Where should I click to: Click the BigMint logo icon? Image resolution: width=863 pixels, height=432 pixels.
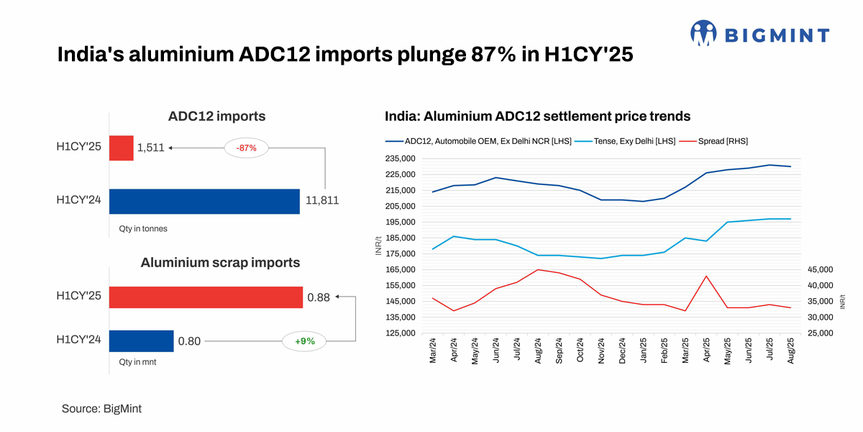tap(703, 34)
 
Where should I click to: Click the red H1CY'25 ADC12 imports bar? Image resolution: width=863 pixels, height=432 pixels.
tap(122, 148)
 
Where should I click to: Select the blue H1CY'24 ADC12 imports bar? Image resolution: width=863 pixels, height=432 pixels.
tap(204, 201)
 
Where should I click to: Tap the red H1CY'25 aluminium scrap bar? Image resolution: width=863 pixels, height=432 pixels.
tap(206, 297)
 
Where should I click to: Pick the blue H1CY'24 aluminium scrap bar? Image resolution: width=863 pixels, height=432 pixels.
tap(142, 341)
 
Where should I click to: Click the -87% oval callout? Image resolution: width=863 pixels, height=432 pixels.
tap(246, 148)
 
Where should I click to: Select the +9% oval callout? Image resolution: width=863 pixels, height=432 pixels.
tap(305, 341)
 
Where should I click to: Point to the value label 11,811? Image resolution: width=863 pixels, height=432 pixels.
tap(321, 201)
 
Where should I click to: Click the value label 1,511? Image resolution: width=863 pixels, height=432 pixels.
tap(151, 148)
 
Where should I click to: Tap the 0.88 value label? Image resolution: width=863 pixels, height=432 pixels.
tap(319, 297)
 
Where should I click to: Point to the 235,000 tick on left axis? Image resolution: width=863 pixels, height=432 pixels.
tap(399, 158)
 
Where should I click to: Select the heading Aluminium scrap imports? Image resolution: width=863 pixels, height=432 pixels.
tap(219, 263)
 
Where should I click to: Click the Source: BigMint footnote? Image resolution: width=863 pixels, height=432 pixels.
tap(101, 408)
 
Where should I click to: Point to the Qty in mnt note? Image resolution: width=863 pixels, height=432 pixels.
tap(138, 362)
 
